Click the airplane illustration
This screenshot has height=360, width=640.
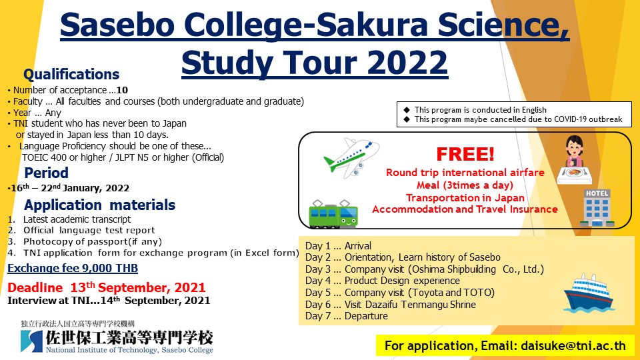tap(351, 158)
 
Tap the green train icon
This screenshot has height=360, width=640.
tap(333, 213)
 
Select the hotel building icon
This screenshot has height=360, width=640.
tap(597, 208)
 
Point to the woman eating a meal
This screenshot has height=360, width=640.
tap(575, 159)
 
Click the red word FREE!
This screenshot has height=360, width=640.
tap(465, 154)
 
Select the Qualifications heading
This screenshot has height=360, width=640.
tap(71, 74)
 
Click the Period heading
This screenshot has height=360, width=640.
tap(47, 173)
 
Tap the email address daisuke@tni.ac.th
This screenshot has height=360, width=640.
tap(573, 346)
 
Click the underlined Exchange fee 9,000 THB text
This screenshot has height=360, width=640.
tap(73, 268)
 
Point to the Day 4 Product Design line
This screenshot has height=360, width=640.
tap(383, 281)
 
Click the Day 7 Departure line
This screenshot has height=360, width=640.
tap(347, 316)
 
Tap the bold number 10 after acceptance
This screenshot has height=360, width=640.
tap(122, 90)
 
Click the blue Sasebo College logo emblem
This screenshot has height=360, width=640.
tap(31, 341)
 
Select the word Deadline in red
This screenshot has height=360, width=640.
tap(35, 288)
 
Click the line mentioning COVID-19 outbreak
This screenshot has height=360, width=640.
tap(519, 119)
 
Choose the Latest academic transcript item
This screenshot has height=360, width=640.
tap(77, 219)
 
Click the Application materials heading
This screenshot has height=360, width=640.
tap(99, 205)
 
